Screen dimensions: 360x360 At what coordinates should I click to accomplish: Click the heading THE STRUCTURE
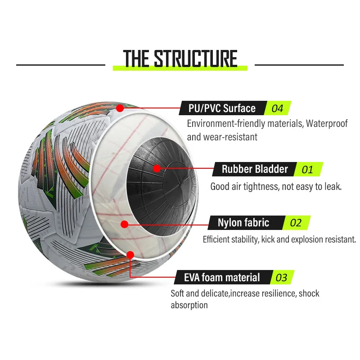point(180,59)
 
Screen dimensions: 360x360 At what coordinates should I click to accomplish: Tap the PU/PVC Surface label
point(223,108)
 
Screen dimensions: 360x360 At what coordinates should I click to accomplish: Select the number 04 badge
point(277,108)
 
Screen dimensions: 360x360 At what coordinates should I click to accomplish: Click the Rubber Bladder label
point(254,169)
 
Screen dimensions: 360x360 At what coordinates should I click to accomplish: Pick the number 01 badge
point(307,170)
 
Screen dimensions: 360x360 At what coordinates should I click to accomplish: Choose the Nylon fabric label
point(243,222)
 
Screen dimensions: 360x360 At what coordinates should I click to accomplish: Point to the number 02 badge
point(296,223)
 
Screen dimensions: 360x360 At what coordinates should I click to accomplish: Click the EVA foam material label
point(222,277)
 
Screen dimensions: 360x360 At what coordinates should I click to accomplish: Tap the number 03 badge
point(281,278)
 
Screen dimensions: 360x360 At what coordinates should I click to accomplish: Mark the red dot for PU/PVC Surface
point(120,108)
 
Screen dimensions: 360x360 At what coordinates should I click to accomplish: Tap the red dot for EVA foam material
point(130,255)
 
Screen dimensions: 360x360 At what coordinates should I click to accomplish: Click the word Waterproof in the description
point(327,124)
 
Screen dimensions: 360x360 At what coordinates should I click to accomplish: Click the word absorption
point(189,305)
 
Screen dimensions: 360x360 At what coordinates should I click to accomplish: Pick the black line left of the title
point(61,65)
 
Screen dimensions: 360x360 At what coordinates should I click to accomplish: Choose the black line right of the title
point(299,65)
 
